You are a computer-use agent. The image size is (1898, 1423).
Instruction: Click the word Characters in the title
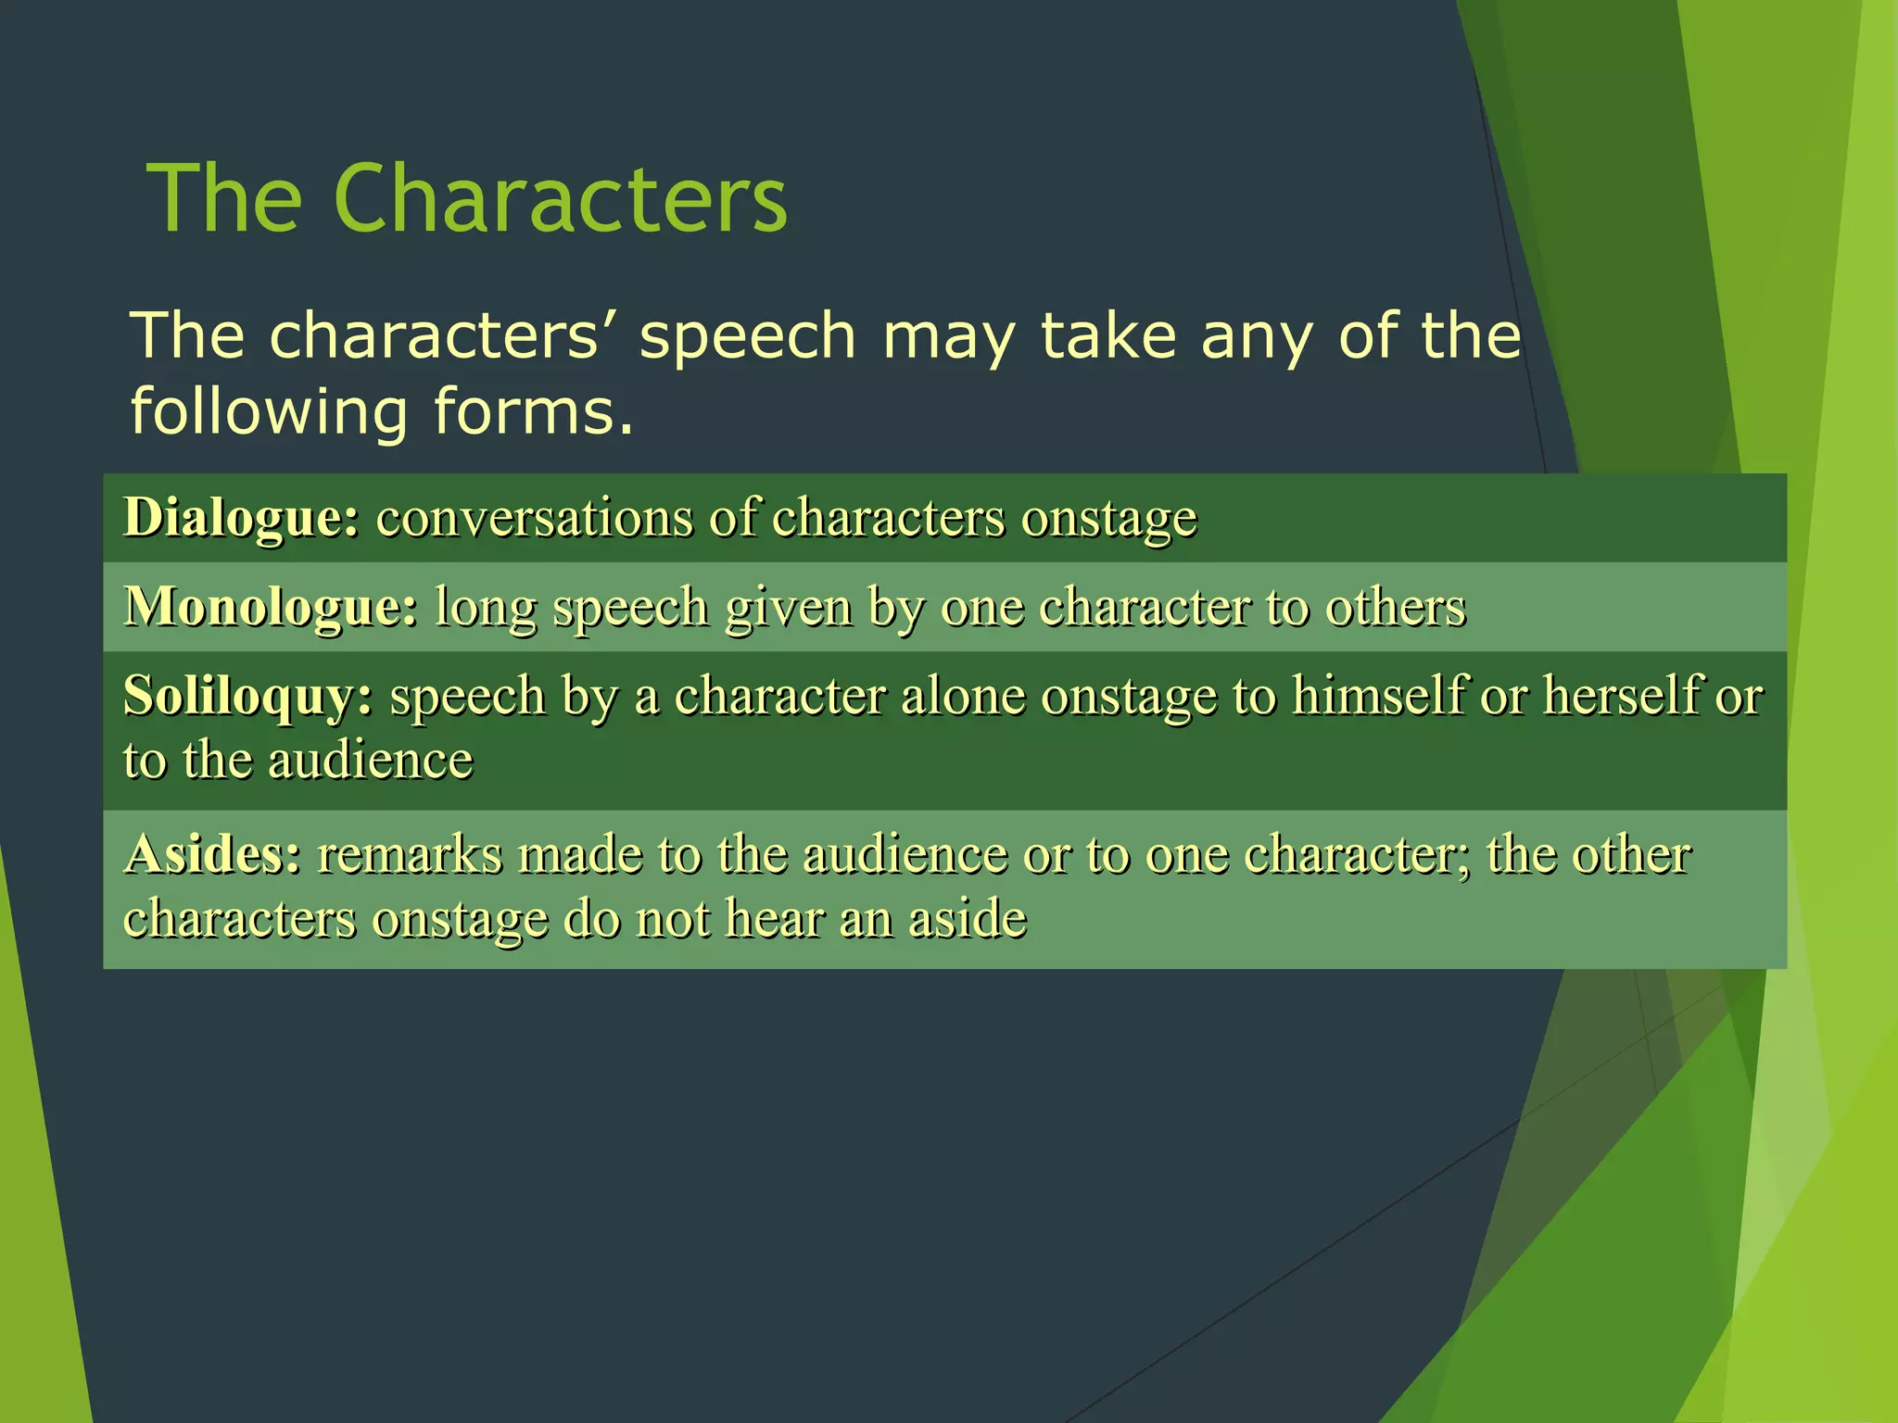560,199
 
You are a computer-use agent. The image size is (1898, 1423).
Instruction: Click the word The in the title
225,199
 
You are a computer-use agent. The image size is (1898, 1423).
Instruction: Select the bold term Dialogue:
241,517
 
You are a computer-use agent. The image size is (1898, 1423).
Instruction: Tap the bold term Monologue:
271,607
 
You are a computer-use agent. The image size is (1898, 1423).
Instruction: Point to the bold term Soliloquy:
248,696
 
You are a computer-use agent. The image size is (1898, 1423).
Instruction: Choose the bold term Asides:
213,854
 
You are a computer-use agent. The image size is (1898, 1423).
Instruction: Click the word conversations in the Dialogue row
534,517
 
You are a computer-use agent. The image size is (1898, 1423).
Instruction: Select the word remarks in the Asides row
409,854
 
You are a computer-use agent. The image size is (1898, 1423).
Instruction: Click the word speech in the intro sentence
747,337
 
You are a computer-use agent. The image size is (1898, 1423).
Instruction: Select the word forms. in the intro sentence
534,412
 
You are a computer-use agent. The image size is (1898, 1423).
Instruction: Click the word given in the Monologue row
788,609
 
